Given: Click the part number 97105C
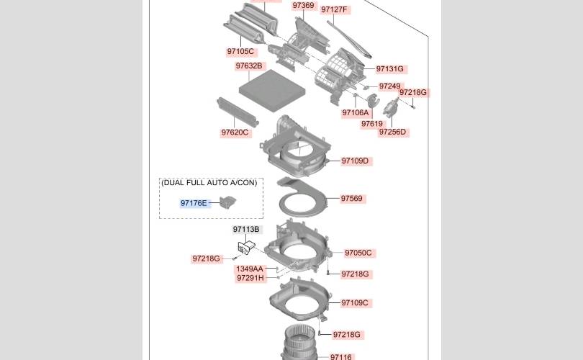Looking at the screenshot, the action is (x=240, y=51).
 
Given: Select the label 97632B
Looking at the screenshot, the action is (x=249, y=66).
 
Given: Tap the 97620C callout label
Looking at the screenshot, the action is (x=235, y=132).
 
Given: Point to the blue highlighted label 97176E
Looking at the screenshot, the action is (x=194, y=203).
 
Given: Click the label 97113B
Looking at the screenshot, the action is (x=246, y=230).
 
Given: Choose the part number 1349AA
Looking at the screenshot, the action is (x=250, y=269).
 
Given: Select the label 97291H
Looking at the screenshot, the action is (x=250, y=278).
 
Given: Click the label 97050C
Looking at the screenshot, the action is (x=358, y=253).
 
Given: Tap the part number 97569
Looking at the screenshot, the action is (x=352, y=199).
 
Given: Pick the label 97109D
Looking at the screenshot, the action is (x=355, y=161).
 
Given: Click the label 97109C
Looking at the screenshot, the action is (x=355, y=303).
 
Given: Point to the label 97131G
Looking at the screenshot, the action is (x=389, y=69).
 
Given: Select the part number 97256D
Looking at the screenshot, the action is (x=393, y=132).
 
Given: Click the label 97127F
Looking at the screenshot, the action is (x=334, y=9).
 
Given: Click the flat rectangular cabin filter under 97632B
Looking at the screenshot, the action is (x=272, y=91).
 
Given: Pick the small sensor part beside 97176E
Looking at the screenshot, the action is (x=227, y=202).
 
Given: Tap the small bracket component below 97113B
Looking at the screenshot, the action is (x=246, y=247).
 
